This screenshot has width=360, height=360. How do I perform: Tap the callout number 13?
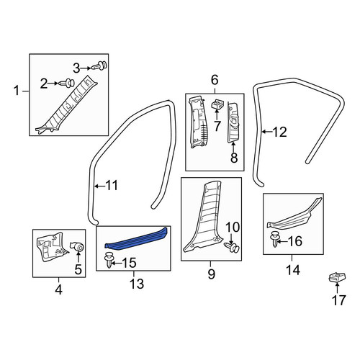[x=137, y=284]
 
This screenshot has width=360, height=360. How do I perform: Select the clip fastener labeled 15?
[x=109, y=260]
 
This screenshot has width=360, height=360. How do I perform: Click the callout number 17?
[x=338, y=300]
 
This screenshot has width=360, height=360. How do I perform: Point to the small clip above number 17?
[x=337, y=277]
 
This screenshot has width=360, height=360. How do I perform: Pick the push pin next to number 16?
[x=274, y=239]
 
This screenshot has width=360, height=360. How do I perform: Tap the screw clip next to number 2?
[x=68, y=83]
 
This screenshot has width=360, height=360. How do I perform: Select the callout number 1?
[x=17, y=91]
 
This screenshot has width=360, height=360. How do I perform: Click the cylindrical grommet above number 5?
[x=77, y=247]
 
